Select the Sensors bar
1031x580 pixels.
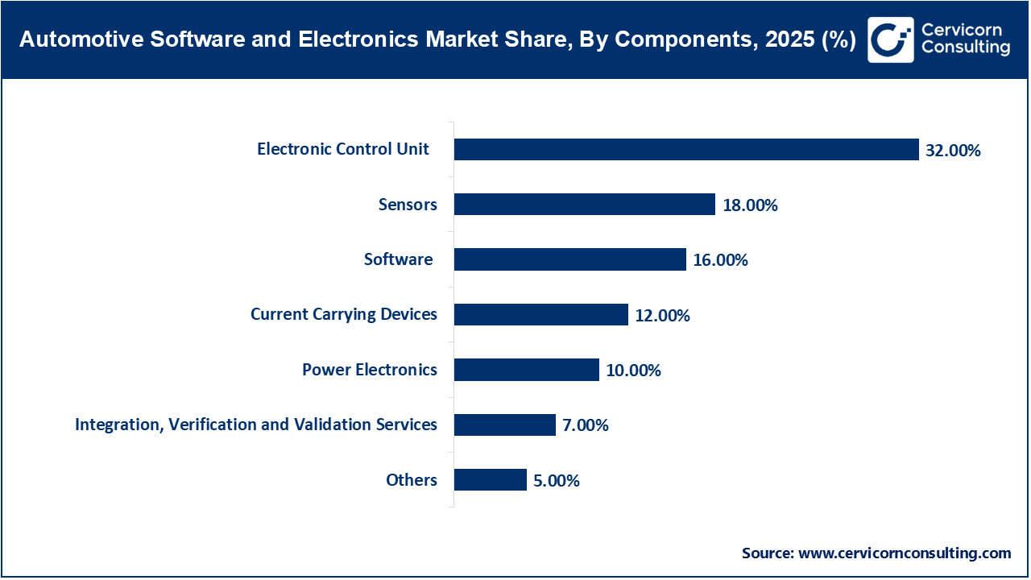584,205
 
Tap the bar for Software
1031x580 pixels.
569,259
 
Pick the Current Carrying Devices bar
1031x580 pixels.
540,315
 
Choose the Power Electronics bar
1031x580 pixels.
526,370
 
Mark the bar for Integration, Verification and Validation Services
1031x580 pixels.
504,425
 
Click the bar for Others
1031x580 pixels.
490,480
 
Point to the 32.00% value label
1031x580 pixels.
953,151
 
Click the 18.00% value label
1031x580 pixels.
750,205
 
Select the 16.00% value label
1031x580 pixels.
721,260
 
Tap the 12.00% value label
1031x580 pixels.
662,316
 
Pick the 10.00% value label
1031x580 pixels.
633,371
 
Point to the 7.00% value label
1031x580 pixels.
586,425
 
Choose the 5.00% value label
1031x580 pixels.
556,481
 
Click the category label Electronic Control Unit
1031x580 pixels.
343,149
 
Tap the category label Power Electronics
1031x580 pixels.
370,370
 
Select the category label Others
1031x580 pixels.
412,480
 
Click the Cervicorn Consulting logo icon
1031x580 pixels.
890,39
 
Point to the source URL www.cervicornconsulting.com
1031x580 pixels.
904,553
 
